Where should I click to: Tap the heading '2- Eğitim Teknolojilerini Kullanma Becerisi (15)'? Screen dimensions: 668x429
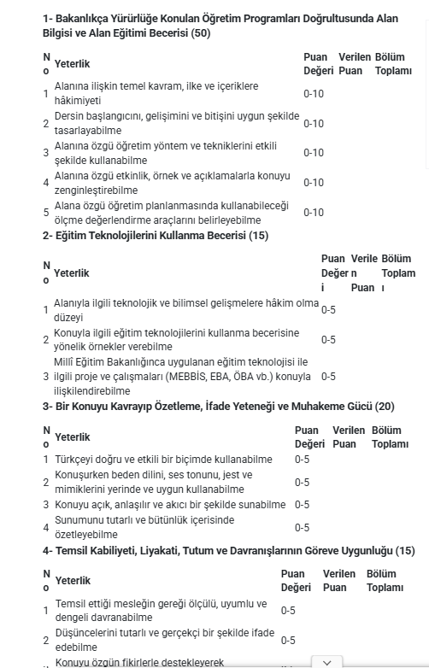pyautogui.click(x=156, y=236)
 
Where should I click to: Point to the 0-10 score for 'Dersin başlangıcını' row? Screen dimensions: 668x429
pyautogui.click(x=314, y=124)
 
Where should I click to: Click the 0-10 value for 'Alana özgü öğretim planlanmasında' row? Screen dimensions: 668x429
pyautogui.click(x=314, y=213)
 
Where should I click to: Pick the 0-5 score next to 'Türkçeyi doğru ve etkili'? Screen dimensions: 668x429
pyautogui.click(x=302, y=460)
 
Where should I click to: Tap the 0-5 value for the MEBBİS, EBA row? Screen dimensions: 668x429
pyautogui.click(x=328, y=377)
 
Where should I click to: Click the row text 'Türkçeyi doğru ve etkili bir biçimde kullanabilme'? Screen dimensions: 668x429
pyautogui.click(x=163, y=460)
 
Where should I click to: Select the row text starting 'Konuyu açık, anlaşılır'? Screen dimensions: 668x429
pyautogui.click(x=170, y=505)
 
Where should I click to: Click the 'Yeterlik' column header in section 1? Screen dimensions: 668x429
pyautogui.click(x=72, y=64)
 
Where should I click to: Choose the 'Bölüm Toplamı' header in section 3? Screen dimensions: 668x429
pyautogui.click(x=390, y=437)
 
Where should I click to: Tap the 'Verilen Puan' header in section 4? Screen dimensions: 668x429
pyautogui.click(x=339, y=581)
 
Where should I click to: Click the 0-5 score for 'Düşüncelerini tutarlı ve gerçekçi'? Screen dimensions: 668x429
pyautogui.click(x=288, y=641)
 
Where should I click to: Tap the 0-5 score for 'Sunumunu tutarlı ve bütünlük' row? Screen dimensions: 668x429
pyautogui.click(x=302, y=528)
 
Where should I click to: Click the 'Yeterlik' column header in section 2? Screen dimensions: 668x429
pyautogui.click(x=72, y=273)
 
